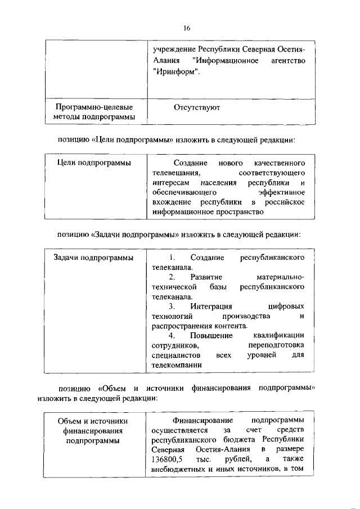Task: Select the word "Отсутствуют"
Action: click(197, 107)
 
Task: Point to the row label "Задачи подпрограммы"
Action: click(93, 258)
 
